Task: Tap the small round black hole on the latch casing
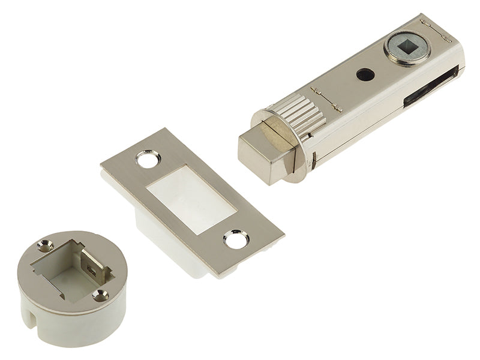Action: [x=365, y=74]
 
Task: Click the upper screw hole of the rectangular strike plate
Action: [x=148, y=159]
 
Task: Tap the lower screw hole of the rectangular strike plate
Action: [x=236, y=239]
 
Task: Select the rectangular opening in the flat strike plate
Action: [x=191, y=199]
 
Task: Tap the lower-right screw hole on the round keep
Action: [x=100, y=295]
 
